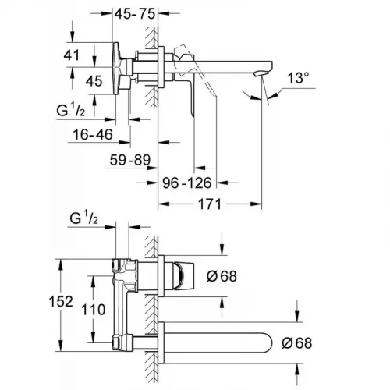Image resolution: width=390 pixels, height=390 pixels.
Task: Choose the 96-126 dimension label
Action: tap(186, 186)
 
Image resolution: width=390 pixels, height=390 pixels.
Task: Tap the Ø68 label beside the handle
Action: tap(223, 275)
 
